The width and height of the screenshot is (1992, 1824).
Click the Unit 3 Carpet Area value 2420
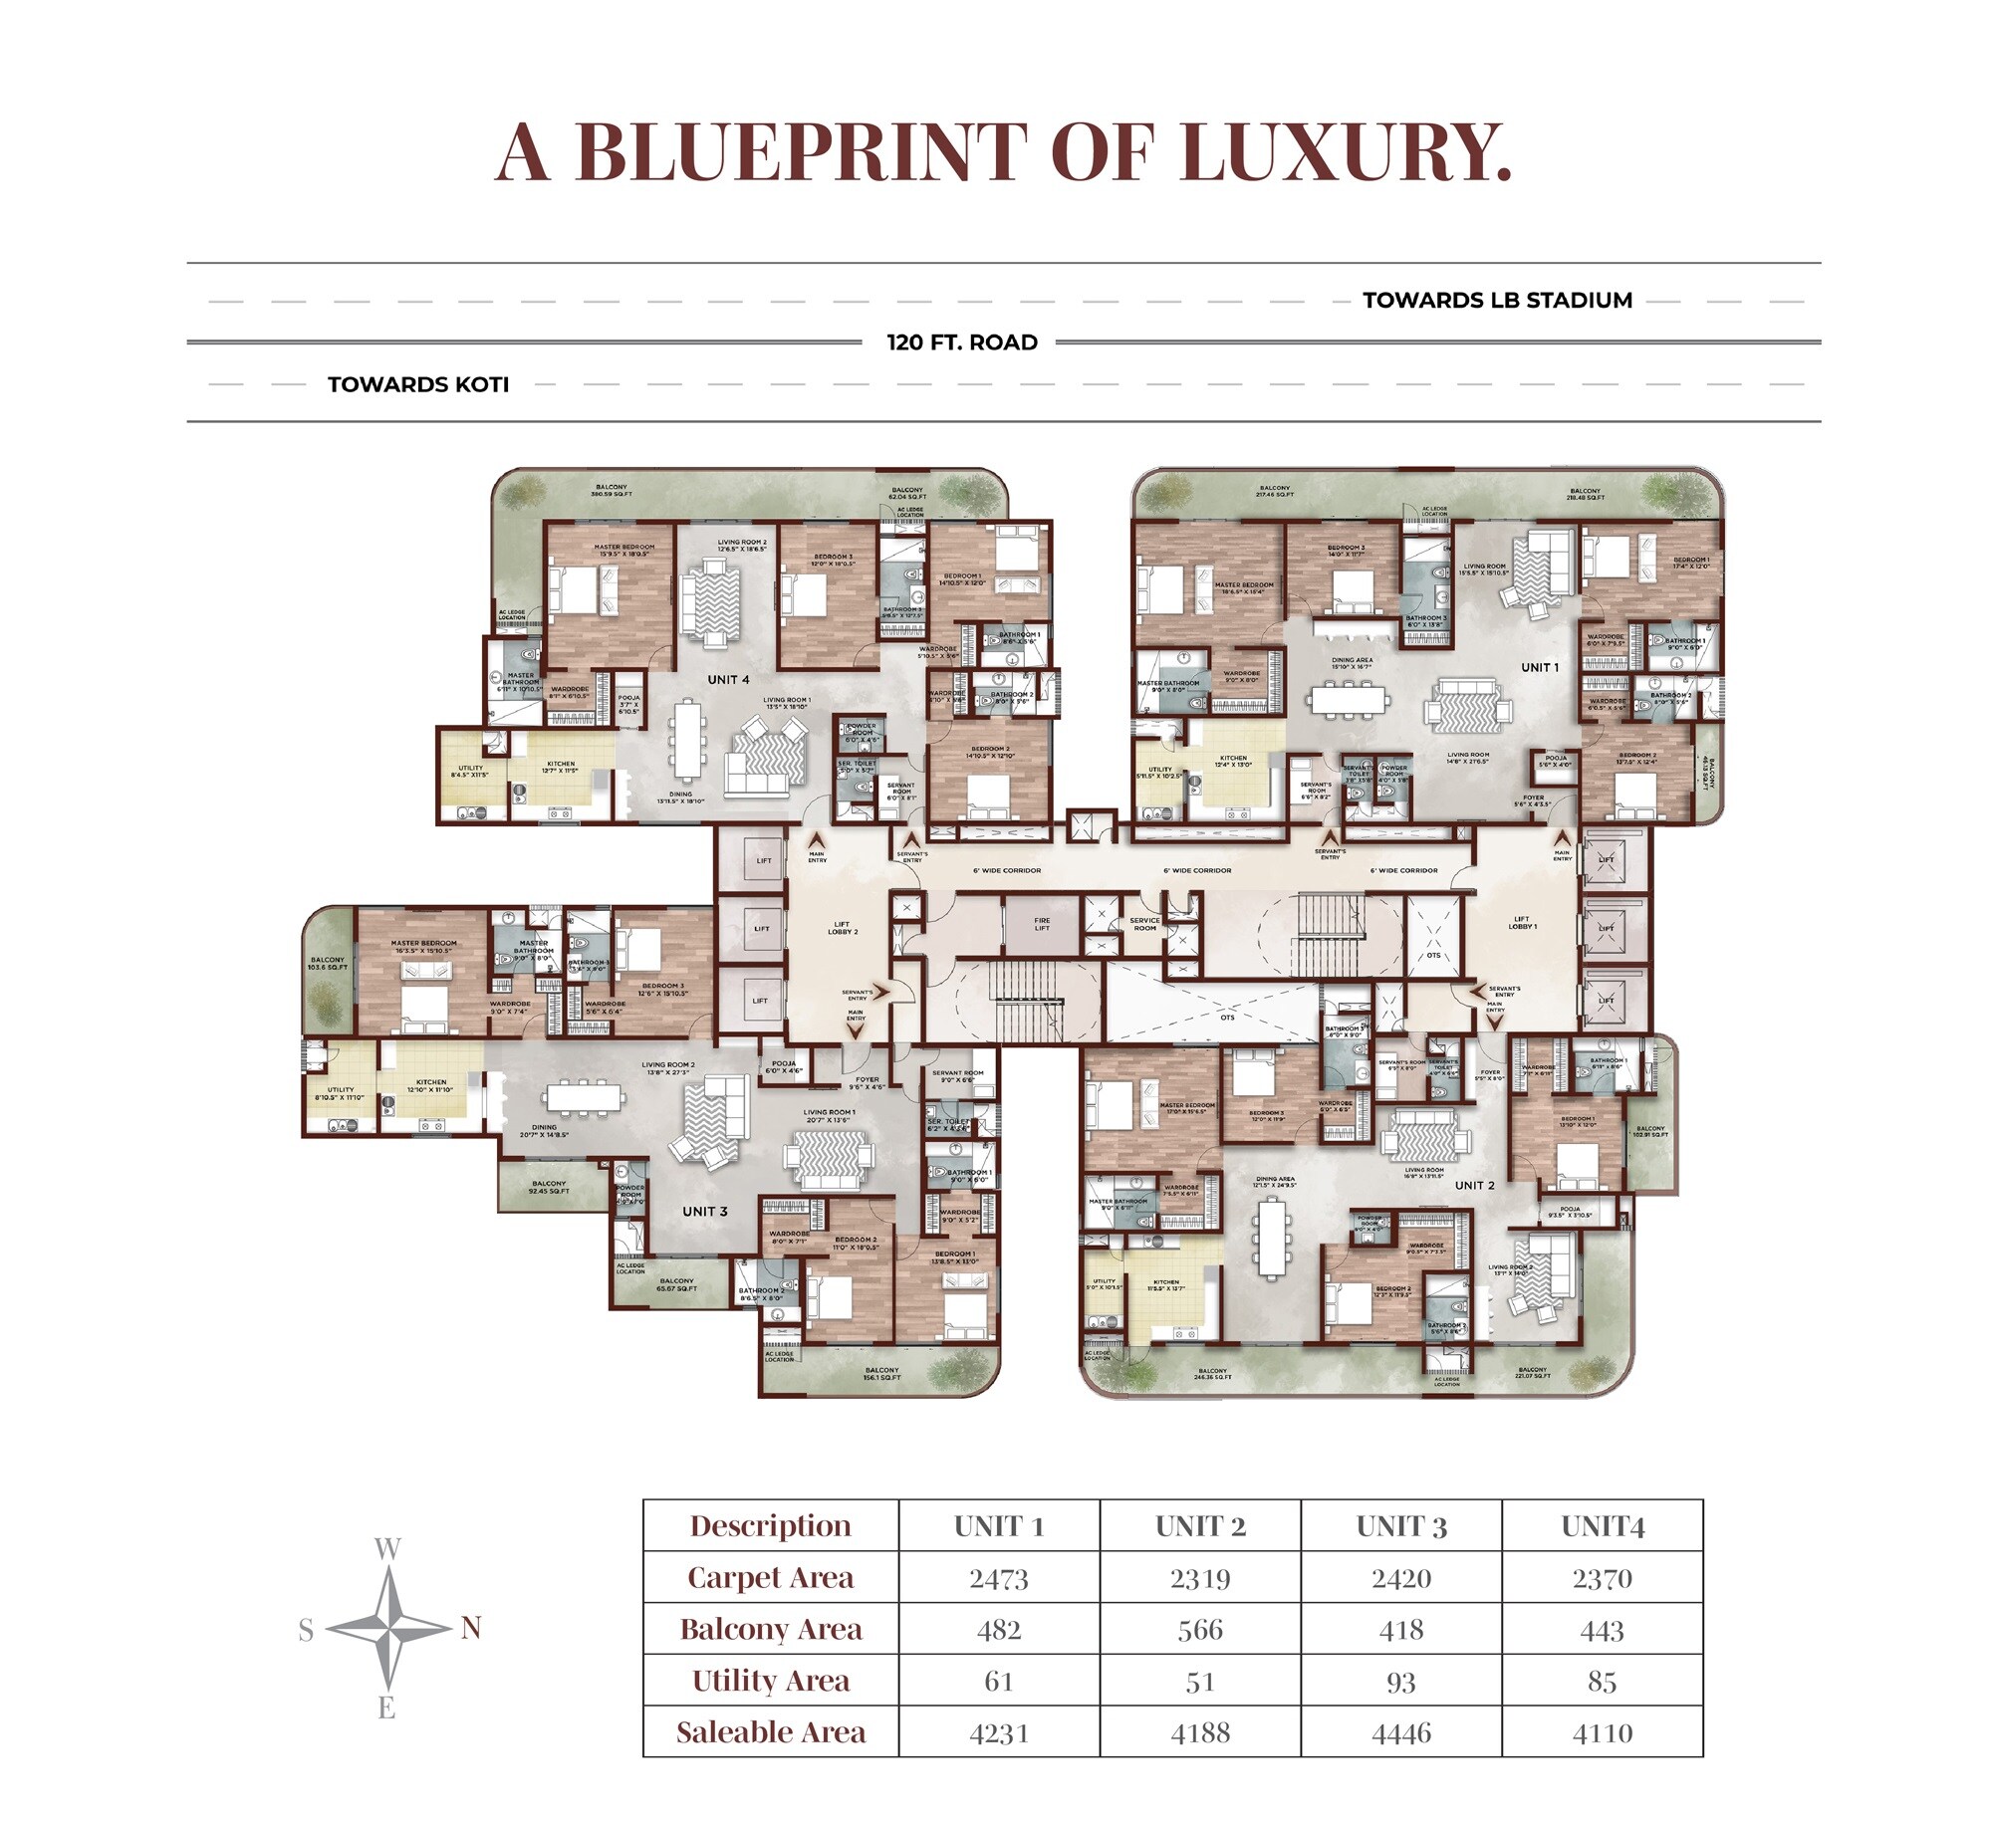[x=1400, y=1579]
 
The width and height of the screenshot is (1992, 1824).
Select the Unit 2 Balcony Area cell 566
[x=1199, y=1630]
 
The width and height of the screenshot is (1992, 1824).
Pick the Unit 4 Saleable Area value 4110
[x=1602, y=1733]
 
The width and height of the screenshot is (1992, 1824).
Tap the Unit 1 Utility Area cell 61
[x=998, y=1682]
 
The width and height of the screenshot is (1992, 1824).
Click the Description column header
[x=770, y=1526]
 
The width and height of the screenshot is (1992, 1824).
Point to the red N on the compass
[x=470, y=1628]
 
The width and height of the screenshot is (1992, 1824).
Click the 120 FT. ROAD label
[x=962, y=342]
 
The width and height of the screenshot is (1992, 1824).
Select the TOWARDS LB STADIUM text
[x=1497, y=301]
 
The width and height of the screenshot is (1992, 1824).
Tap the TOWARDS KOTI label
[x=418, y=384]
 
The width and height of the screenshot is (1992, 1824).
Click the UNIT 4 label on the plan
[x=728, y=680]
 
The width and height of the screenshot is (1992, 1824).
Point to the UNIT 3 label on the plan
[x=704, y=1212]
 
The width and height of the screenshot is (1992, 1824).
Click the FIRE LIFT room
[x=1041, y=924]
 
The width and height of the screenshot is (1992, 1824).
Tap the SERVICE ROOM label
[x=1144, y=924]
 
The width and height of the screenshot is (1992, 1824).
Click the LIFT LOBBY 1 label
[x=1522, y=923]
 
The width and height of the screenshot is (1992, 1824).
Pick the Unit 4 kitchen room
[x=561, y=772]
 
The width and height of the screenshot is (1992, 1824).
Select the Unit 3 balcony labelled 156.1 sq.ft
[x=881, y=1374]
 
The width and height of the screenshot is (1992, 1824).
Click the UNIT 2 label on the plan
[x=1474, y=1186]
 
